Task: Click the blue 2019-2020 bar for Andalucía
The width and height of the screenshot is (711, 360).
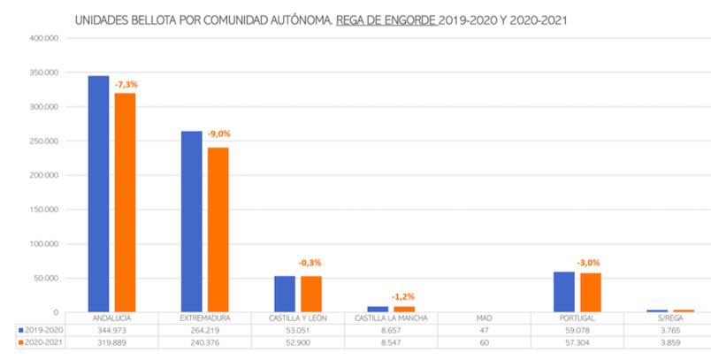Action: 98,195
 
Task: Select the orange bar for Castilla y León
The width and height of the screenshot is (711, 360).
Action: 311,295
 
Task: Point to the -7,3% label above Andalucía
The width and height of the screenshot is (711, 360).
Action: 126,84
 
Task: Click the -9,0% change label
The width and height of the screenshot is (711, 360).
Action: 219,134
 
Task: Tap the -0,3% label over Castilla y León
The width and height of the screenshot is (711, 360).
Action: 310,263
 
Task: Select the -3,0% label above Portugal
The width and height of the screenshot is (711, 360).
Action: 589,262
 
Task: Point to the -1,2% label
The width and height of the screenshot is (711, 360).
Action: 403,296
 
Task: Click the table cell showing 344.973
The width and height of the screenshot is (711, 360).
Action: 111,329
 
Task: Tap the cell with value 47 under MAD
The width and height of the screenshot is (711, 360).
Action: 482,329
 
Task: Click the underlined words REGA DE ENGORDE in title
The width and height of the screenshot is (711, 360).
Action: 386,18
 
